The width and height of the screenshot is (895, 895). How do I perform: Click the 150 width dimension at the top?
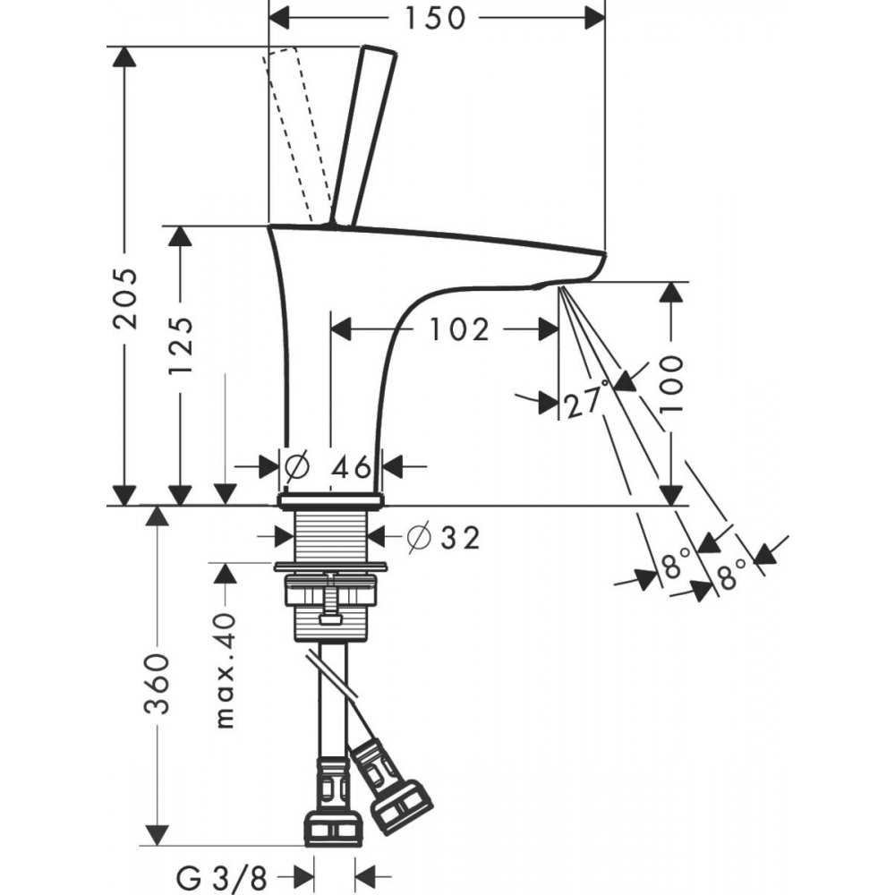pos(434,16)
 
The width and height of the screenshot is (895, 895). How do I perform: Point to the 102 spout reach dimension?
pos(459,330)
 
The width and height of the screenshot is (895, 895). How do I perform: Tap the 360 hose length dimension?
pos(158,684)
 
